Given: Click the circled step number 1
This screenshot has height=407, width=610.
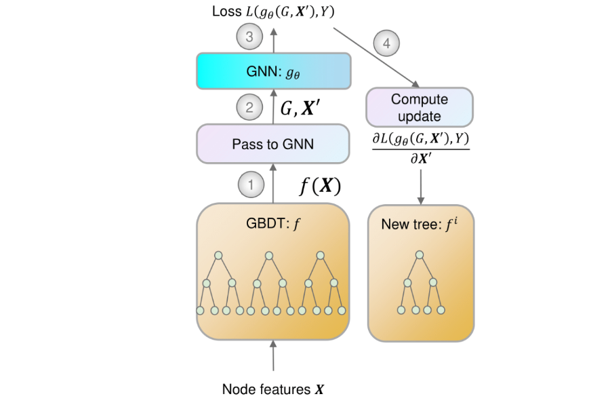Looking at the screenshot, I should [x=249, y=184].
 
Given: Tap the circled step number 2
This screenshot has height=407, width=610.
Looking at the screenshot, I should [x=249, y=107].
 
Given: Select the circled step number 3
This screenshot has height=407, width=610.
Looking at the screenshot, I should [x=249, y=37].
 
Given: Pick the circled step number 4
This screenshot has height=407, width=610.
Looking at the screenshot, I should [x=386, y=45].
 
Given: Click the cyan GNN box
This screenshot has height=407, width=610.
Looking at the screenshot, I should [x=273, y=71].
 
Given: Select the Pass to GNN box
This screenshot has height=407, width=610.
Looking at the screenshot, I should [x=273, y=144].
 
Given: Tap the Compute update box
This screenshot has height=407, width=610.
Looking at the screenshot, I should [x=420, y=108].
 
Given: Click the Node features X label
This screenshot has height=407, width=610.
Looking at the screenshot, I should [x=273, y=390].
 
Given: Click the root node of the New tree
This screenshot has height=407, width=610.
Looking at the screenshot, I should [x=420, y=256].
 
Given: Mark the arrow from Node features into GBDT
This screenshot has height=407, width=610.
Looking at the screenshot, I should [x=273, y=356].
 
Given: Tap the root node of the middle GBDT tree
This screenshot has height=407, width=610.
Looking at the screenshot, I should [x=269, y=256].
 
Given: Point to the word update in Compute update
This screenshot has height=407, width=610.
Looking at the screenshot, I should [x=420, y=116].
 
